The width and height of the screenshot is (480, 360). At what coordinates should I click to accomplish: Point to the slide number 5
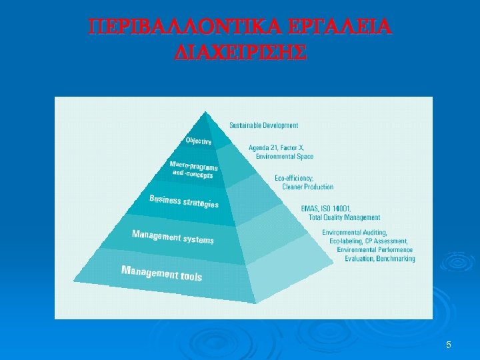tap(449, 345)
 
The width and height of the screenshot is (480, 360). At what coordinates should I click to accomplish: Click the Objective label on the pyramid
tap(199, 141)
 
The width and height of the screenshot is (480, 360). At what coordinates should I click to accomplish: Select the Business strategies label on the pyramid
tap(183, 201)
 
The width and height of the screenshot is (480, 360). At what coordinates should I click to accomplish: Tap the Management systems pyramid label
tap(173, 237)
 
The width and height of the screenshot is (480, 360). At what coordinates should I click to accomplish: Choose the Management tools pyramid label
tap(161, 273)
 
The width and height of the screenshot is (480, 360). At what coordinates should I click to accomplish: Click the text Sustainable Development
tap(264, 125)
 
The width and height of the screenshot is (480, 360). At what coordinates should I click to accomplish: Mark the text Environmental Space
tap(285, 156)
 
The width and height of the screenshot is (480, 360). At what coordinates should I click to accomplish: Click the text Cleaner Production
tap(308, 187)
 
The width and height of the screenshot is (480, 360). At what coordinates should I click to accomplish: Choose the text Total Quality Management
tap(344, 217)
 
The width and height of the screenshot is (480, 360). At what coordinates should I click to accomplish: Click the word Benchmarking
tap(396, 259)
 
